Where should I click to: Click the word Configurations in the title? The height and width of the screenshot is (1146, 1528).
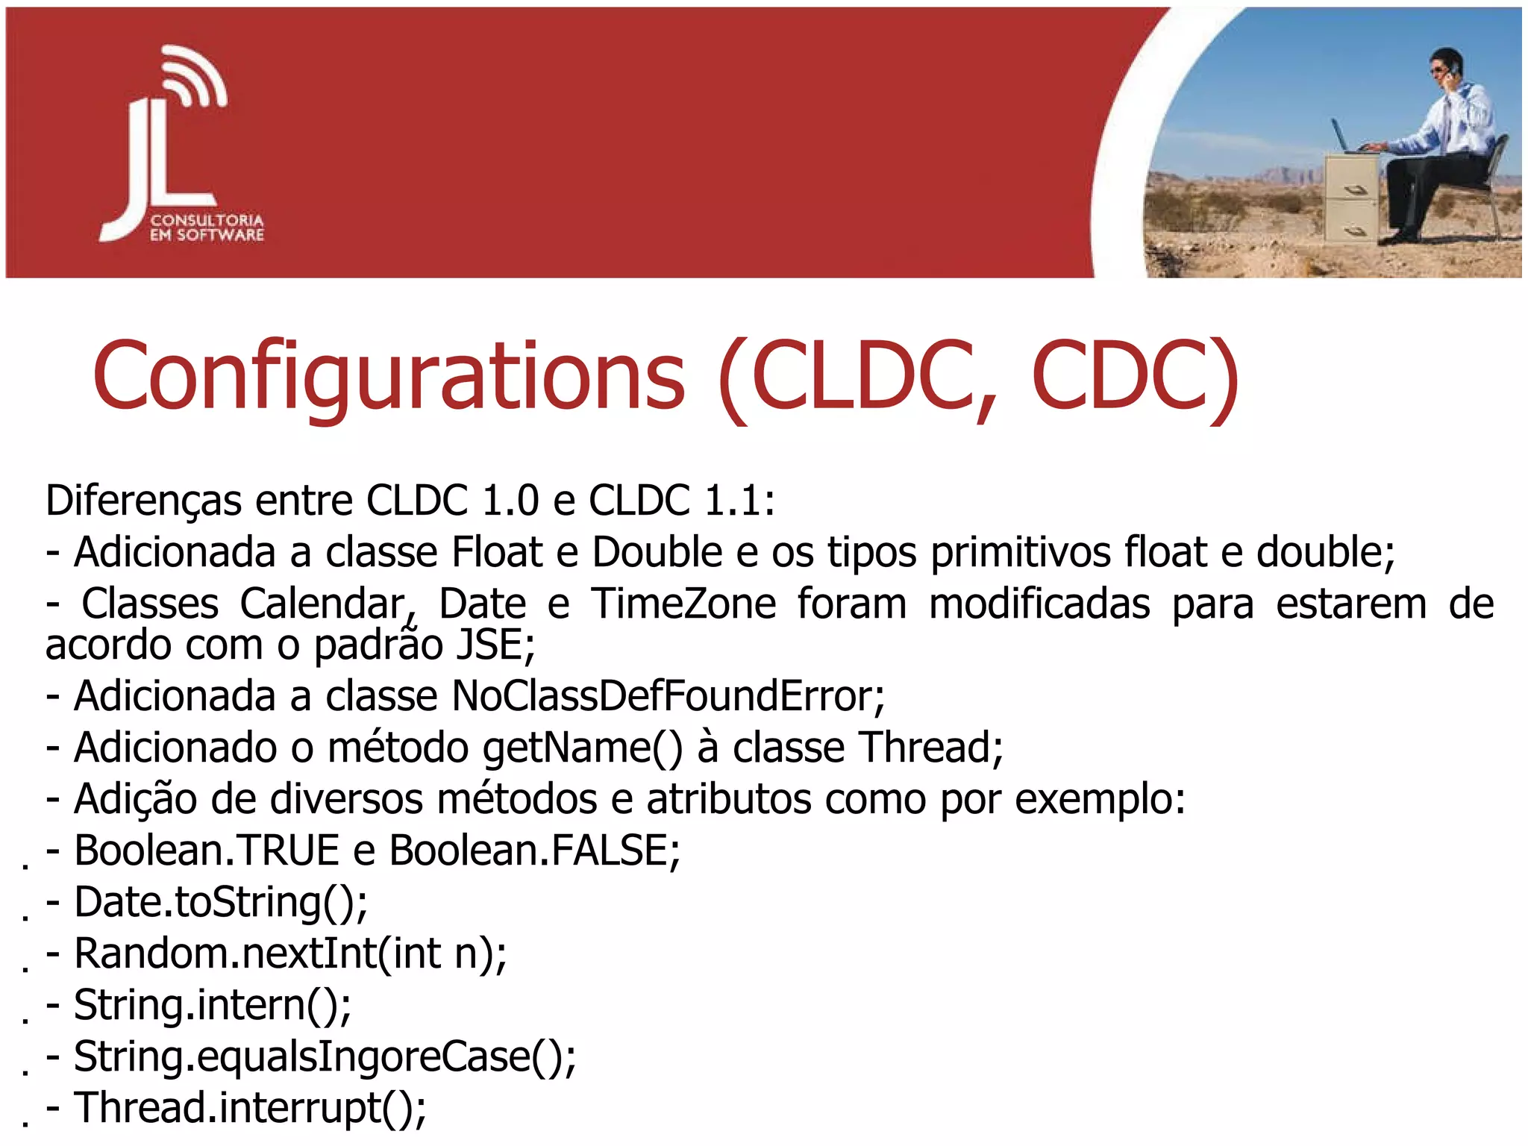point(388,377)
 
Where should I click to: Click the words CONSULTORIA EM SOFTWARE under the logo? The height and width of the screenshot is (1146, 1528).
point(207,228)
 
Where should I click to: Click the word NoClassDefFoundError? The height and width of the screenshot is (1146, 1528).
point(668,696)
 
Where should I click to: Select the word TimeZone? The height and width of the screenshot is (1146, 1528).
point(683,604)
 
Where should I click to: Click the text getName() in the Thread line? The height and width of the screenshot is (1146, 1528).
point(582,748)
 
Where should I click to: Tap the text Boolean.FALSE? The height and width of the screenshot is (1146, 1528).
point(534,851)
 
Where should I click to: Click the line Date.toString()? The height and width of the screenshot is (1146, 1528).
point(220,902)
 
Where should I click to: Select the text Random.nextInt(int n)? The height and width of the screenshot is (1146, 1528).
point(290,954)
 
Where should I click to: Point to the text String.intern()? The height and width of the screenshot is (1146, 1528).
point(212,1005)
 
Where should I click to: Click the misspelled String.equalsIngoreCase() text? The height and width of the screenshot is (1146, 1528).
point(325,1056)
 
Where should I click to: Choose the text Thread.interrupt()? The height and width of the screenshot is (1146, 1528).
point(250,1108)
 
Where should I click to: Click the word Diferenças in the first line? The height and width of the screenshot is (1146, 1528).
point(143,500)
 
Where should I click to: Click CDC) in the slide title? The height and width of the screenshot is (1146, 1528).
point(1134,377)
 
